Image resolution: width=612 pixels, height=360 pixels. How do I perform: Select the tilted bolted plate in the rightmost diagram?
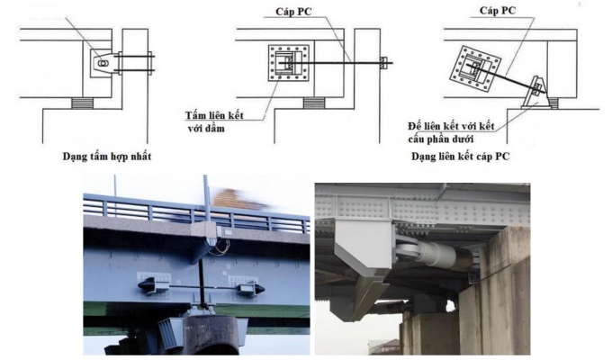pos(479,67)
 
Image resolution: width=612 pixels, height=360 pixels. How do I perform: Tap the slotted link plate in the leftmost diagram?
pos(104,63)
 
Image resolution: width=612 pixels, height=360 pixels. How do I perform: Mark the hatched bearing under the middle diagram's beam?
pos(314,102)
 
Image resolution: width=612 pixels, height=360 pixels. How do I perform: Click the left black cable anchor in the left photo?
pos(149,287)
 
